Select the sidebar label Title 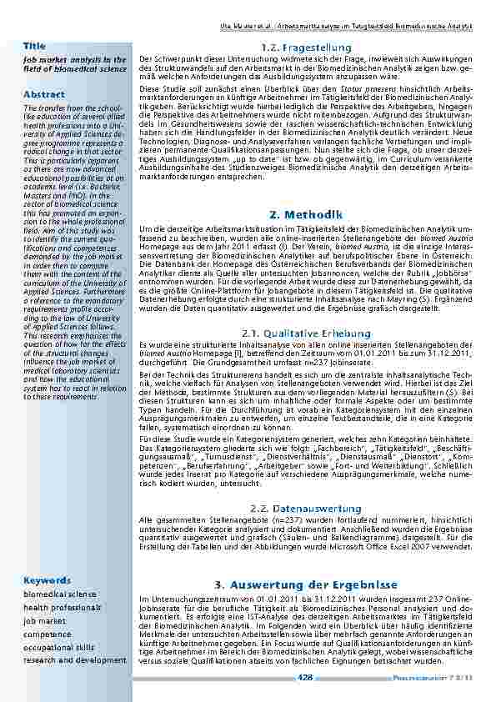(x=34, y=45)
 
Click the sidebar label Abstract (x=44, y=94)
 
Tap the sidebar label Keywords (x=47, y=579)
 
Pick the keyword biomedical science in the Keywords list (x=60, y=594)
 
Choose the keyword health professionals (x=63, y=608)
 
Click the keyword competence (x=48, y=634)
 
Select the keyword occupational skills (x=59, y=648)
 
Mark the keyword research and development (x=75, y=660)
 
